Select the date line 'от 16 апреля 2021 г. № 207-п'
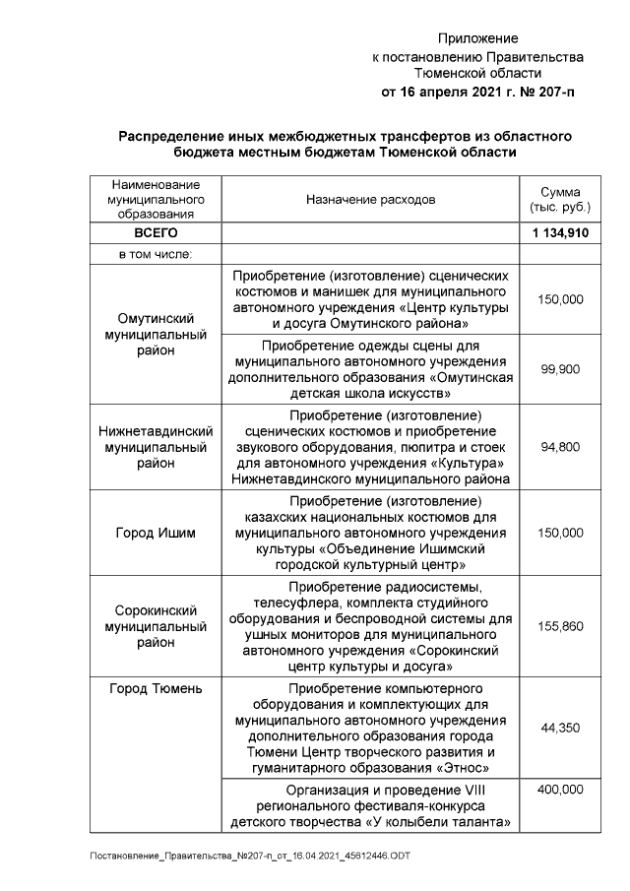(x=477, y=92)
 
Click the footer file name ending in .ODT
(x=250, y=856)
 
